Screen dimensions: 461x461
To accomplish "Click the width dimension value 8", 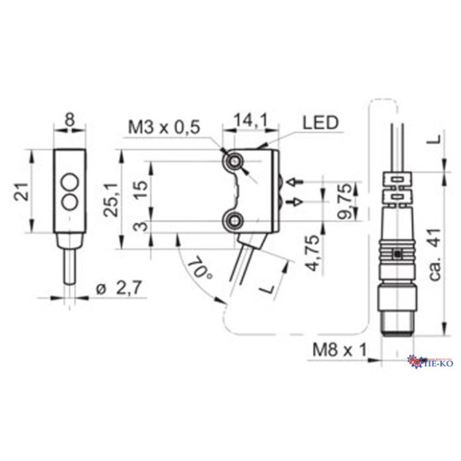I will click(69, 119).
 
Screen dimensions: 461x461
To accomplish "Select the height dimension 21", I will click(21, 191).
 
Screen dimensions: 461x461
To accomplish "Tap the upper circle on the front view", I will click(70, 182).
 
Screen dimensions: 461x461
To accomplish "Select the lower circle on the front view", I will click(70, 201).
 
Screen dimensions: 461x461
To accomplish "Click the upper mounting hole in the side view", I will click(235, 161).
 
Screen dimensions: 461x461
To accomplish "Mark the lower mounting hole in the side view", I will click(235, 220).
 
